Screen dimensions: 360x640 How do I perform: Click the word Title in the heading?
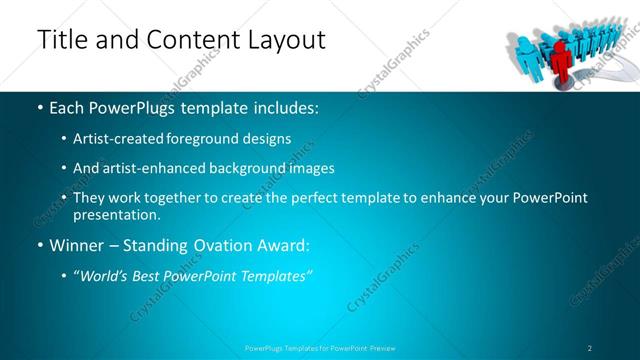tap(60, 40)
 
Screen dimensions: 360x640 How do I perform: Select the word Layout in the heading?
tap(282, 41)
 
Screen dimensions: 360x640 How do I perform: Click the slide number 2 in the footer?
tap(589, 347)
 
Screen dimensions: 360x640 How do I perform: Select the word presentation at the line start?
tap(116, 215)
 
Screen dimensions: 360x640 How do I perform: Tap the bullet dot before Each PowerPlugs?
tap(39, 106)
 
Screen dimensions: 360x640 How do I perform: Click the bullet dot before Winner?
tap(39, 245)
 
